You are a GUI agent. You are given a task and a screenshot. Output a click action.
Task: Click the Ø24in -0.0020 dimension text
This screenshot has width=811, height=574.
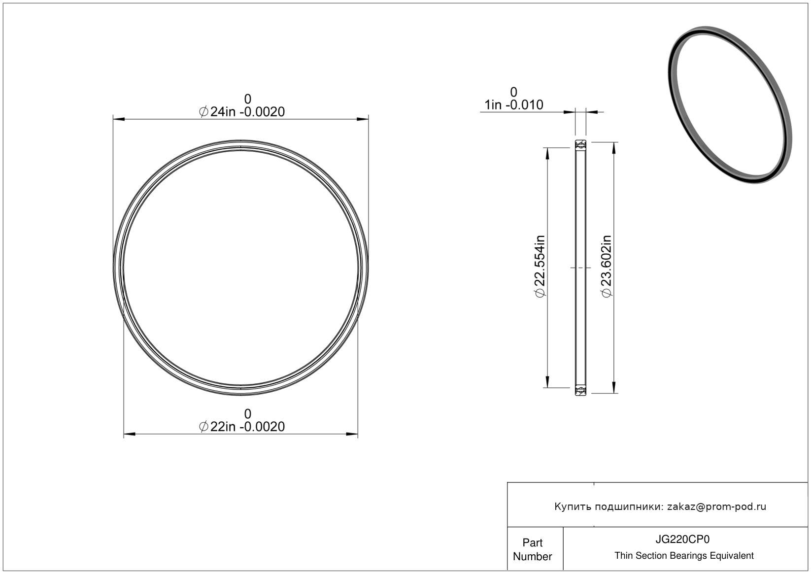242,112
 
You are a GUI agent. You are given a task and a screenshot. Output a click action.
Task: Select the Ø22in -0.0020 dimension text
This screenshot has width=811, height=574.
242,427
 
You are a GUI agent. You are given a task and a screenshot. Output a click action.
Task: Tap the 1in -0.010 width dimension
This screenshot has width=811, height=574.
514,105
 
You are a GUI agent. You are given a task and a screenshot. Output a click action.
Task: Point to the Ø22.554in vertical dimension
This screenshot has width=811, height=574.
540,267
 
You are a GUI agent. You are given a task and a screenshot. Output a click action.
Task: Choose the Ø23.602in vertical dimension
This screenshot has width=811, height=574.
606,267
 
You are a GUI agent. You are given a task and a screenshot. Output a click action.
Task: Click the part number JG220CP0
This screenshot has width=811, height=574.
682,540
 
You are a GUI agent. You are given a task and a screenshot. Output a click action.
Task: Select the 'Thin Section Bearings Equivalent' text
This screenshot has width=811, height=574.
684,556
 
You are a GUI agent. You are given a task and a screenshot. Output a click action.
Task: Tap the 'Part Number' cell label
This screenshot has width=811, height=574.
532,549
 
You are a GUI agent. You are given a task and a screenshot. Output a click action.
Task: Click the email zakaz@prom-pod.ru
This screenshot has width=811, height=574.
716,506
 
